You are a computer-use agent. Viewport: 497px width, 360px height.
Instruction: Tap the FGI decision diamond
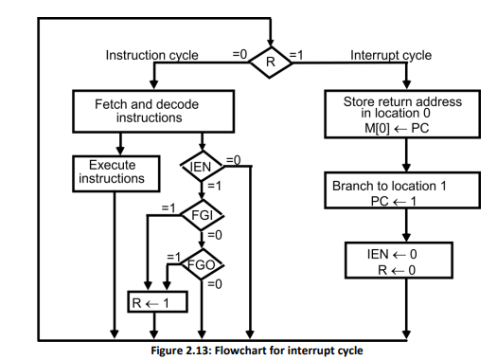coord(201,215)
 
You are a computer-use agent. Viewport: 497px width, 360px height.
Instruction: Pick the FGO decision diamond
coord(201,264)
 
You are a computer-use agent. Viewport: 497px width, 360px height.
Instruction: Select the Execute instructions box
coord(112,171)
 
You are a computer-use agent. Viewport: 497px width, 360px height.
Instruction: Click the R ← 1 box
coord(157,301)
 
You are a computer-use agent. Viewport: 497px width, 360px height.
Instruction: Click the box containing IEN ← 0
coord(404,261)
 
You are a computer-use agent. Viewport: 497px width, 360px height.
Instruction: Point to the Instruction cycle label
coord(151,55)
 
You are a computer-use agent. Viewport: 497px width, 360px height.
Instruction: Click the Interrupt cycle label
coord(391,55)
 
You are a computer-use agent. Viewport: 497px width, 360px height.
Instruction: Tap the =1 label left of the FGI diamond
coord(169,207)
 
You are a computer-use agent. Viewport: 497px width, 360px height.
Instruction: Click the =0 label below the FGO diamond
coord(214,284)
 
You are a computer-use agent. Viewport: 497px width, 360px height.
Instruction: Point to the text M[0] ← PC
coord(404,128)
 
